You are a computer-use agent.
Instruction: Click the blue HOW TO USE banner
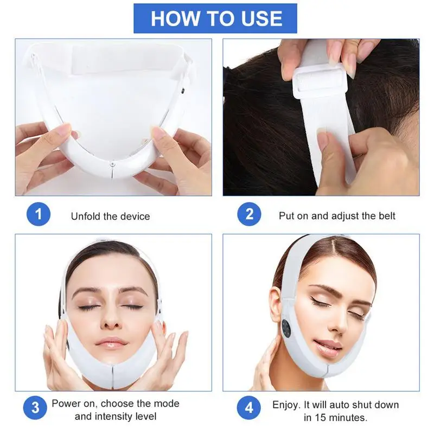point(215,18)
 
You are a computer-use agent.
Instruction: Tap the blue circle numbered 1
point(39,214)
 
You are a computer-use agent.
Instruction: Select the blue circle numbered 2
point(249,214)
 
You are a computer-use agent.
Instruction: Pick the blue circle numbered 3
point(35,408)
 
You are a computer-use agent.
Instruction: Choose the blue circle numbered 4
point(249,408)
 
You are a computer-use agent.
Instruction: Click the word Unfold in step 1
point(86,216)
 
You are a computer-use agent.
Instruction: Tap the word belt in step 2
point(387,215)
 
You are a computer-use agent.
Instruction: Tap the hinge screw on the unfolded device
point(112,164)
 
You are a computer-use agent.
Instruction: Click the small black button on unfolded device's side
point(182,90)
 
